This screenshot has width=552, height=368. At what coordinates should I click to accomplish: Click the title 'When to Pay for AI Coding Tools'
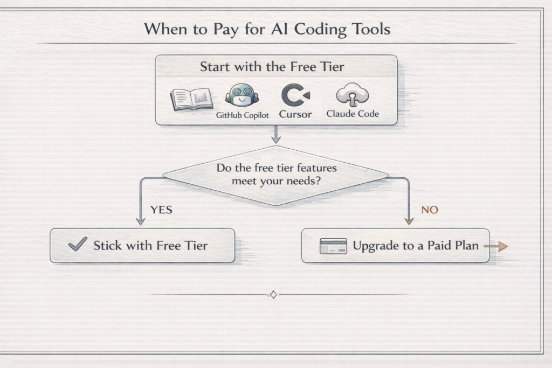267,29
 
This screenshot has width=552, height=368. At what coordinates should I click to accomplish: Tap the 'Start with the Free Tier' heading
272,66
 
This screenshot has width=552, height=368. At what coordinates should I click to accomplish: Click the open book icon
192,99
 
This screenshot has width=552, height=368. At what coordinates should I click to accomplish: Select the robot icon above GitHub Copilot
242,95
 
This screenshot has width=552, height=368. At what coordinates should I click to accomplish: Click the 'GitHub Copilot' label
242,115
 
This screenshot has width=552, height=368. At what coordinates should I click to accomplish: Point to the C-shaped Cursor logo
295,95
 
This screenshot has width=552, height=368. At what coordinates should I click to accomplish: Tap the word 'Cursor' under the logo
295,114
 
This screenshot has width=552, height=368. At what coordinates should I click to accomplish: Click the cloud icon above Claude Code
353,95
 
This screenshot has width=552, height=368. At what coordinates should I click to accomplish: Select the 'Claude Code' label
353,114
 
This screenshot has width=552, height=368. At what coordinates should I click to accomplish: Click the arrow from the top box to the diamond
276,134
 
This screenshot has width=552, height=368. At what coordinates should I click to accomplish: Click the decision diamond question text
277,174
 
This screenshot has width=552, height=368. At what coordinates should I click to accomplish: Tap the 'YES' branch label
162,210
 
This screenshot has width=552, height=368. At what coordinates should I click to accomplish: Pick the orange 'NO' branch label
430,210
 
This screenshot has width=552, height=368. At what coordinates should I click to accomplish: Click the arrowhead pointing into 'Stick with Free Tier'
141,221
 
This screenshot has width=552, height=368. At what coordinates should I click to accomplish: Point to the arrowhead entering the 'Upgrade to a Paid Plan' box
409,221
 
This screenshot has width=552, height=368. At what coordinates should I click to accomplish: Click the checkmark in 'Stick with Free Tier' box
78,244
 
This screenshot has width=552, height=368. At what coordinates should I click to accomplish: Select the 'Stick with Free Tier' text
151,246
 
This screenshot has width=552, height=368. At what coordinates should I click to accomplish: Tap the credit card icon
333,246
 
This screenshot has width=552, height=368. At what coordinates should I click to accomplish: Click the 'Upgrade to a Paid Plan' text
416,246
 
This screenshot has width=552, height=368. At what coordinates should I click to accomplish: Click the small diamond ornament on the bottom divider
273,295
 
